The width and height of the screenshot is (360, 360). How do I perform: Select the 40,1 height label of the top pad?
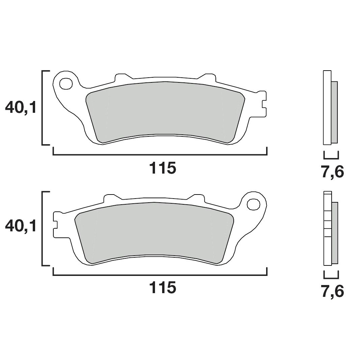point(21,107)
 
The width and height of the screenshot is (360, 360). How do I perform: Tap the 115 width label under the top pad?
point(162,168)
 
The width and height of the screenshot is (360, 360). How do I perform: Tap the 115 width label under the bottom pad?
point(162,288)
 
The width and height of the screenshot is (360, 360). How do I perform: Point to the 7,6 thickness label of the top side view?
point(332,172)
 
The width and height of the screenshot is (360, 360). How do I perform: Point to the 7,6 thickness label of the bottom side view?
point(332,291)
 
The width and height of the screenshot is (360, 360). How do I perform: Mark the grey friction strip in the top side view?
point(334,111)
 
